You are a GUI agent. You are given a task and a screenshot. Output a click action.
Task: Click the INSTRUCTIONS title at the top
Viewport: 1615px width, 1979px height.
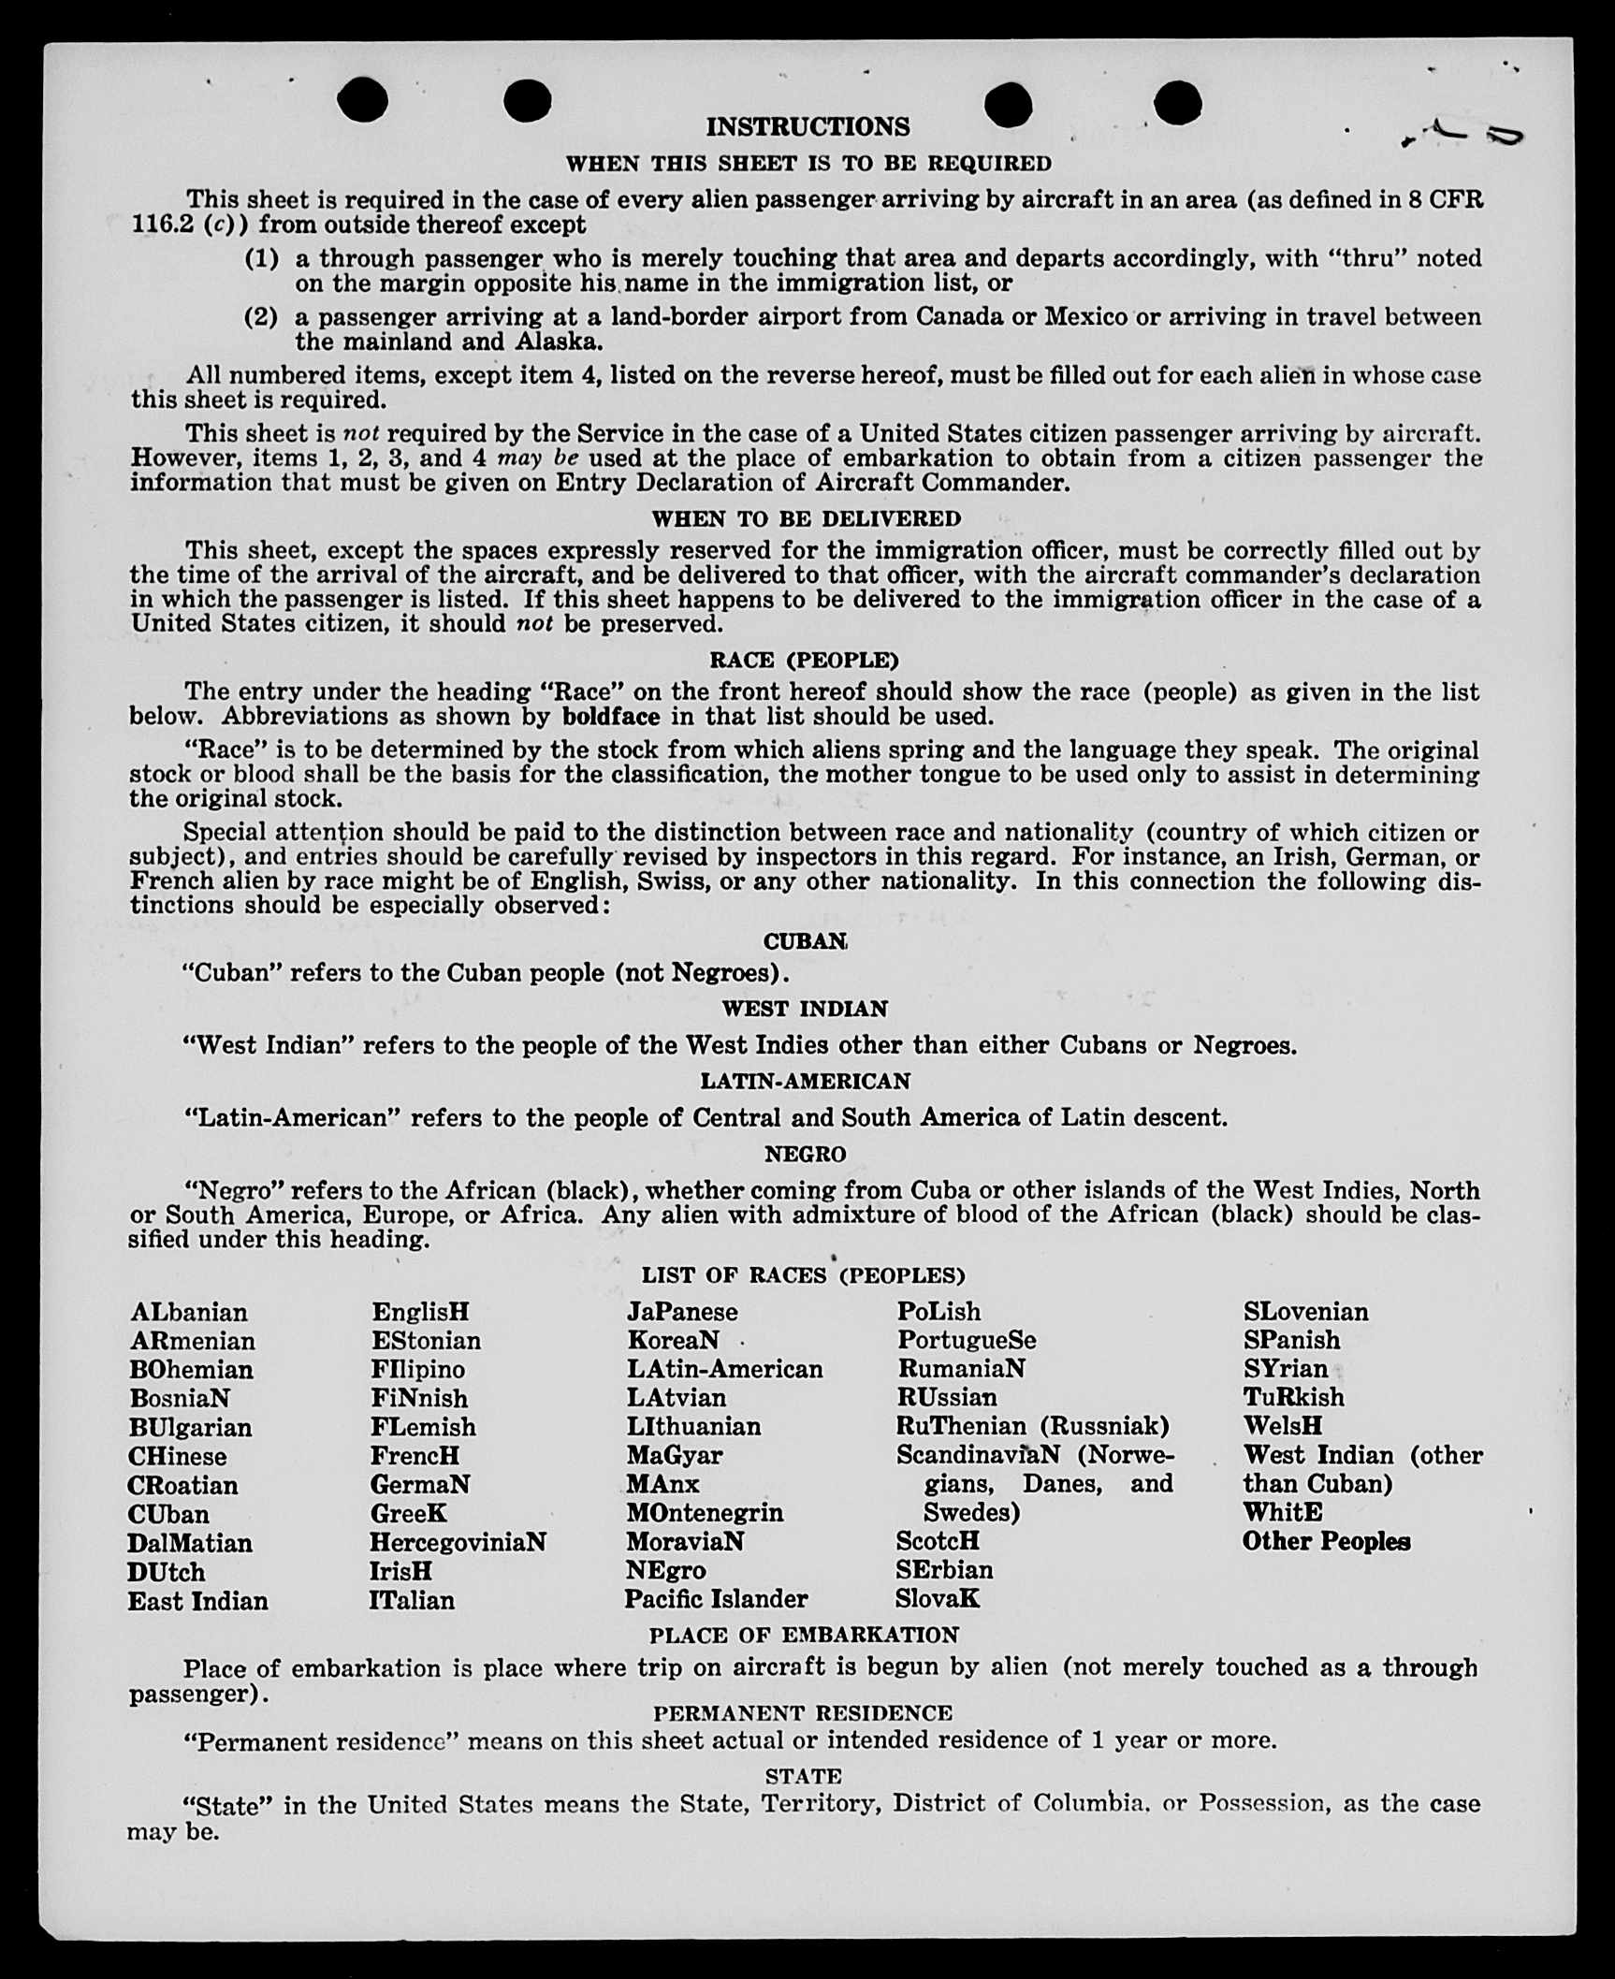[x=807, y=126]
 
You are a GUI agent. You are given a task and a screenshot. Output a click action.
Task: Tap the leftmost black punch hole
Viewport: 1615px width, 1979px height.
[x=362, y=100]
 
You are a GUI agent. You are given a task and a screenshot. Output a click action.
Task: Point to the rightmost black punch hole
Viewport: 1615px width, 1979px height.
[x=1177, y=102]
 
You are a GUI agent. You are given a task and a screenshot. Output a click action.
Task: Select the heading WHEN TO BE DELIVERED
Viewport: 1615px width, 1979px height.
[x=807, y=518]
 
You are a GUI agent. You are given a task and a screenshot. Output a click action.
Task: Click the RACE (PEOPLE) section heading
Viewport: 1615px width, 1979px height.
[x=804, y=660]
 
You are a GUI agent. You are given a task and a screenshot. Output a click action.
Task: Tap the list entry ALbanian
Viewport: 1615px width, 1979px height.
[x=189, y=1312]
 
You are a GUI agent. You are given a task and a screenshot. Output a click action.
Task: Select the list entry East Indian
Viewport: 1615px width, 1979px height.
[x=197, y=1601]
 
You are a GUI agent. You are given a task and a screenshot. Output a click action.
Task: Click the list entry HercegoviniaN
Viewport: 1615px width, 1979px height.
[x=458, y=1542]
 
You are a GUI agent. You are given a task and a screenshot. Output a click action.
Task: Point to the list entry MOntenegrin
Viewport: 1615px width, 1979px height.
[x=705, y=1513]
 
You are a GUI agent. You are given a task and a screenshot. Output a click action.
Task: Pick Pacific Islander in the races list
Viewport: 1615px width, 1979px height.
[x=716, y=1599]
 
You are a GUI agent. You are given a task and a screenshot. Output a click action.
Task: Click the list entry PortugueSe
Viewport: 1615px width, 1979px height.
[x=967, y=1340]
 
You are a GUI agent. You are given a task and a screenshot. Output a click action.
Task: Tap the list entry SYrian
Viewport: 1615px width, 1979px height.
[x=1285, y=1368]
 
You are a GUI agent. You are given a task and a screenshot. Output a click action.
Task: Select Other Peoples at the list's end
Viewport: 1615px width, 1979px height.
[x=1326, y=1541]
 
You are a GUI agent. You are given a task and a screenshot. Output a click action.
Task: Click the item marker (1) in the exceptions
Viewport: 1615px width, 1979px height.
[x=262, y=258]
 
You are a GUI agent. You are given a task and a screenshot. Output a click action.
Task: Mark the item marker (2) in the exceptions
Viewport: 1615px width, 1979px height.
[x=262, y=317]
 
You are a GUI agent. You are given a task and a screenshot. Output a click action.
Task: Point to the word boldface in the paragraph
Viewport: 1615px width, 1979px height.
[x=610, y=717]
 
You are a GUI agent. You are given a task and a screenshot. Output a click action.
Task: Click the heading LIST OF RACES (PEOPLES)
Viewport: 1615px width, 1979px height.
[x=803, y=1275]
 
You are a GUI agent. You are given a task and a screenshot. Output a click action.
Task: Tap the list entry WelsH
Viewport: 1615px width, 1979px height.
[x=1282, y=1426]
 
